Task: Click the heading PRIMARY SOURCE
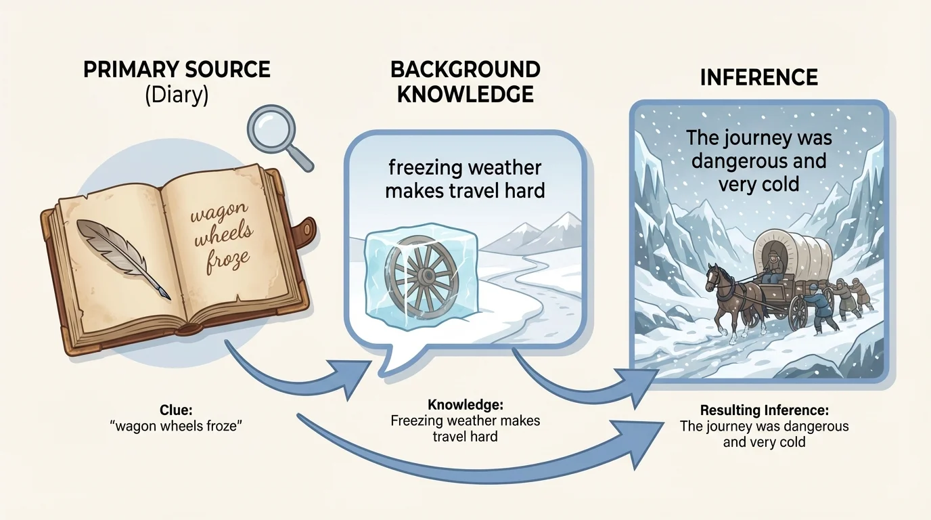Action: coord(177,70)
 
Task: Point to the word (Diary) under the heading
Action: coord(177,95)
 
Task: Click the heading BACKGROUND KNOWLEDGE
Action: coord(465,81)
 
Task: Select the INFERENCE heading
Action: coord(758,77)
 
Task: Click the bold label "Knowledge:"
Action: coord(465,405)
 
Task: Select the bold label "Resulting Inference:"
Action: coord(765,410)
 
